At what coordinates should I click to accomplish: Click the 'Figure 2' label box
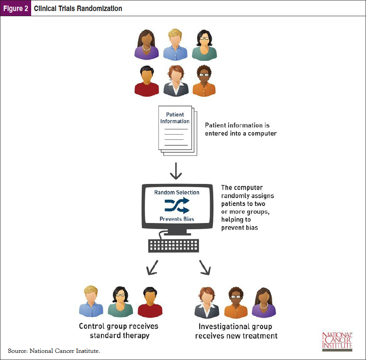pyautogui.click(x=16, y=8)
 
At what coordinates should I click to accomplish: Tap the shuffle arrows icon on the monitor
pyautogui.click(x=177, y=205)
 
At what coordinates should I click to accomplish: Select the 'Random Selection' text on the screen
pyautogui.click(x=177, y=193)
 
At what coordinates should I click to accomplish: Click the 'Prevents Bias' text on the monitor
pyautogui.click(x=177, y=219)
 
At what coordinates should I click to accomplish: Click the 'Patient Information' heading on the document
pyautogui.click(x=175, y=118)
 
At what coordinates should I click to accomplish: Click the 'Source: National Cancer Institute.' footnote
pyautogui.click(x=54, y=351)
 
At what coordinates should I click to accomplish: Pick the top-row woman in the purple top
pyautogui.click(x=147, y=44)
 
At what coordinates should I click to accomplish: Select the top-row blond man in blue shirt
pyautogui.click(x=176, y=44)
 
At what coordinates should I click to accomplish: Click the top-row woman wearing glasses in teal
pyautogui.click(x=204, y=44)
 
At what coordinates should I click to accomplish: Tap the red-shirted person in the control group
pyautogui.click(x=150, y=303)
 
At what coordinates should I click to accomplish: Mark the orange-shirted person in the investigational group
pyautogui.click(x=236, y=303)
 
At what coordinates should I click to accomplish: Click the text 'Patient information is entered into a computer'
pyautogui.click(x=241, y=129)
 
